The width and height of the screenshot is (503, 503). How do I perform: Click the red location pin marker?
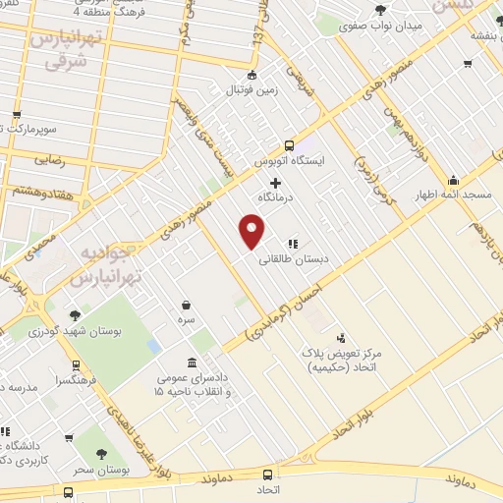(252, 232)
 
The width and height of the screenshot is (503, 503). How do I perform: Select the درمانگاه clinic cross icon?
(275, 183)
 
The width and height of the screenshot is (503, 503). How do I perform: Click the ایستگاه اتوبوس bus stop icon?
(289, 143)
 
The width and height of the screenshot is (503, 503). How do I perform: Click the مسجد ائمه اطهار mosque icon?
(453, 180)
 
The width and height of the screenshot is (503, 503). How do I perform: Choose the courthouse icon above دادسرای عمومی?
(190, 362)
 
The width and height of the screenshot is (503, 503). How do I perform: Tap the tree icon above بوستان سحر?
(101, 454)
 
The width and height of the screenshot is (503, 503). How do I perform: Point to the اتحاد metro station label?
(268, 488)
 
